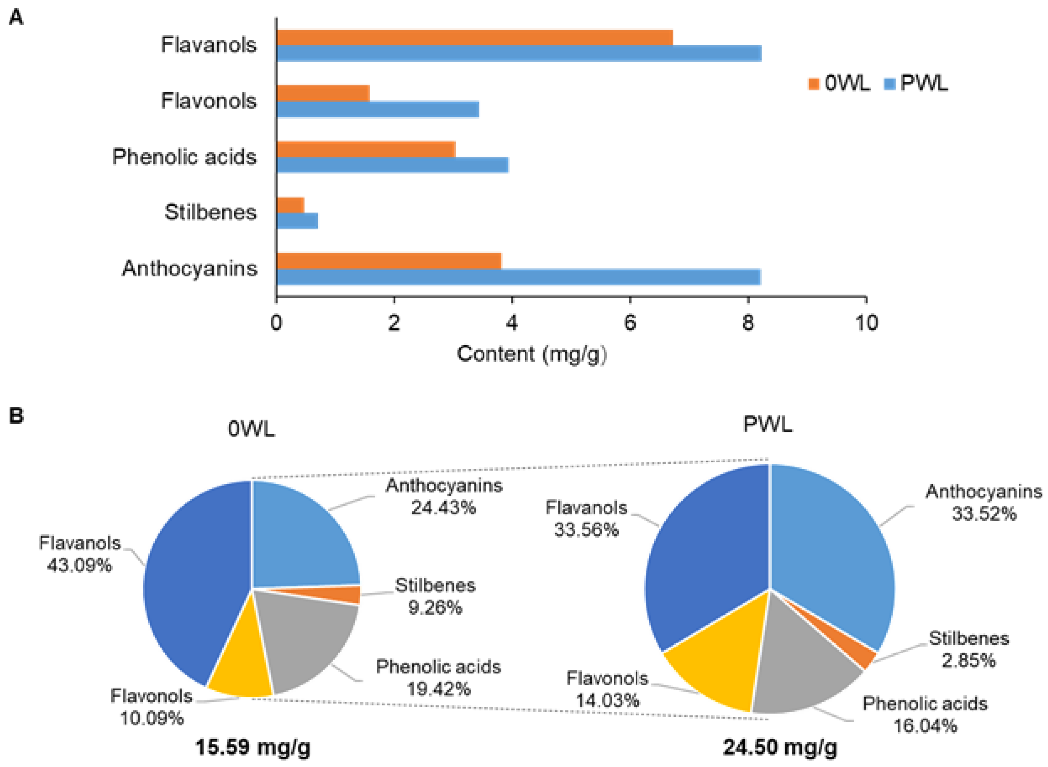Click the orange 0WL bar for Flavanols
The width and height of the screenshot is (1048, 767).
474,38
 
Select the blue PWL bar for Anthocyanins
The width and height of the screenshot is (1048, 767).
518,277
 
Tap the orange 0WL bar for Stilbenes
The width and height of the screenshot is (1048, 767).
290,205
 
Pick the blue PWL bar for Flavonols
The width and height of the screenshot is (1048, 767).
377,110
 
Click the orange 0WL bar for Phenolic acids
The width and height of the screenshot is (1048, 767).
366,150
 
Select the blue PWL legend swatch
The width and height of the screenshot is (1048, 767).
889,84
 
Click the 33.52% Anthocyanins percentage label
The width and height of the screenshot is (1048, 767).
984,514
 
